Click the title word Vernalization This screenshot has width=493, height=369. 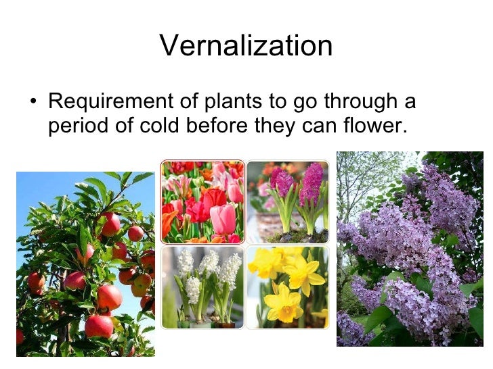[x=246, y=46]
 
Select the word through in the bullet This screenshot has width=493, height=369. [x=359, y=102]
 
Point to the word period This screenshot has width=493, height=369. [x=77, y=126]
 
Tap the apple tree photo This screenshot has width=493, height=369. [x=85, y=264]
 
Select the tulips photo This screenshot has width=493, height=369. [x=202, y=201]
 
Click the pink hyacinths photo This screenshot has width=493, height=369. [x=287, y=201]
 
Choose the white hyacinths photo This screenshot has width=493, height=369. [x=202, y=287]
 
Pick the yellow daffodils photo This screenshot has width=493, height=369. [x=287, y=287]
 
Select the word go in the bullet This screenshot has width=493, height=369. [x=303, y=102]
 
